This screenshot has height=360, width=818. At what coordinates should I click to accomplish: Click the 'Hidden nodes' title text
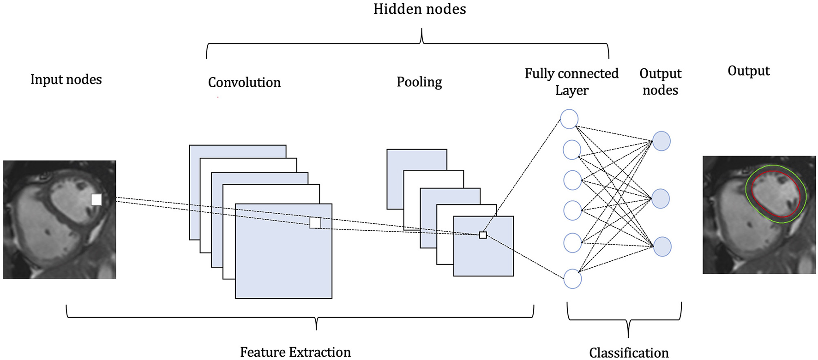420,9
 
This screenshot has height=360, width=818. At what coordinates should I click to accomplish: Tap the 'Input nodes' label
66,79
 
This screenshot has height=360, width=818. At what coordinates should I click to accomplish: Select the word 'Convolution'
244,83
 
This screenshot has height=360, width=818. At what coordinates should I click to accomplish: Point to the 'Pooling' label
419,82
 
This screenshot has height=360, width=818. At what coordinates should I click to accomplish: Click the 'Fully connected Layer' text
571,82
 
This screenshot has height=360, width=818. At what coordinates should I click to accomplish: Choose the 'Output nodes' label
660,82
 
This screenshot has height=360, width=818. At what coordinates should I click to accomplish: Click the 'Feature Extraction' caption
295,352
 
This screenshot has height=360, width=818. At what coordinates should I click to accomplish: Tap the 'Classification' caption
629,353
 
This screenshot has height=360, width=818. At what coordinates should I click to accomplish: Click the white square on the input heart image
96,199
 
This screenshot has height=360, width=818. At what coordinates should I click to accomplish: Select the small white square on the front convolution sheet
315,223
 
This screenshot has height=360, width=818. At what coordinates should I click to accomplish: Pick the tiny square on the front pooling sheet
483,235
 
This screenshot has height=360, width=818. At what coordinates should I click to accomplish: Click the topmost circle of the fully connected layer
569,119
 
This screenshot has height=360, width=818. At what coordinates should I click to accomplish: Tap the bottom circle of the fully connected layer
572,279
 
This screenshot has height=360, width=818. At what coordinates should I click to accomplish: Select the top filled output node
662,141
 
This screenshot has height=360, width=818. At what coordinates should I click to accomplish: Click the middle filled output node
661,198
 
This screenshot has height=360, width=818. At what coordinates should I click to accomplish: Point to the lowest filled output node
662,247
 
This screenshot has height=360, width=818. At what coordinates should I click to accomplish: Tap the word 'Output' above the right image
748,71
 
